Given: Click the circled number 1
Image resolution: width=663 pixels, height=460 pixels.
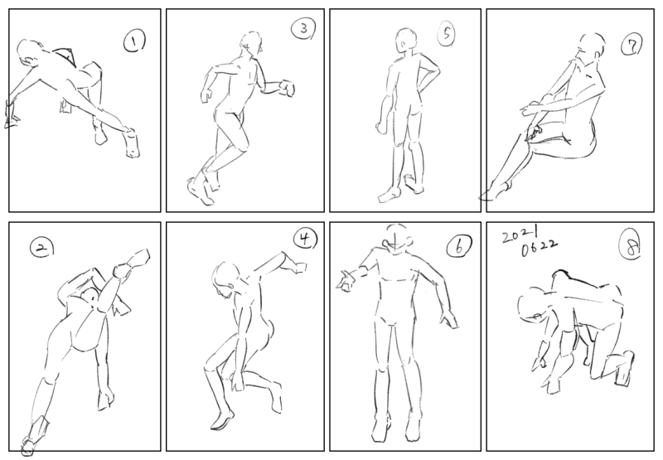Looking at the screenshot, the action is (x=134, y=41).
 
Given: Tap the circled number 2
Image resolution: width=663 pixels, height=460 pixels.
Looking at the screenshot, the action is (x=42, y=248).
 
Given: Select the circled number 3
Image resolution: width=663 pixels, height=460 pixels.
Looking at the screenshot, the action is (x=303, y=29).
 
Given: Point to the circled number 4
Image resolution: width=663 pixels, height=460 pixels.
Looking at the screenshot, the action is (x=305, y=239).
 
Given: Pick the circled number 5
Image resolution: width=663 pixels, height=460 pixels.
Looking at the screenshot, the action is (x=447, y=33).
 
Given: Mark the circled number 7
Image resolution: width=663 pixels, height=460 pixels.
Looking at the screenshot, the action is (x=632, y=45).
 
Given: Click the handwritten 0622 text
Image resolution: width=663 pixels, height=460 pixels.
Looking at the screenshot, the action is (x=540, y=248).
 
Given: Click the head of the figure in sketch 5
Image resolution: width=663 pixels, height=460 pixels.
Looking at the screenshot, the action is (x=405, y=40).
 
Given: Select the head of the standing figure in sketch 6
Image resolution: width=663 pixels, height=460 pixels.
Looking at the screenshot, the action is (x=397, y=239).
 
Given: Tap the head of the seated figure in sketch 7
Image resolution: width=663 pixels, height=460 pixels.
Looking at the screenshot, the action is (x=590, y=47).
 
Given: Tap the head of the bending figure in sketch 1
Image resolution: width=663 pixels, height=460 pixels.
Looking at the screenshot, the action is (x=30, y=52).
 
